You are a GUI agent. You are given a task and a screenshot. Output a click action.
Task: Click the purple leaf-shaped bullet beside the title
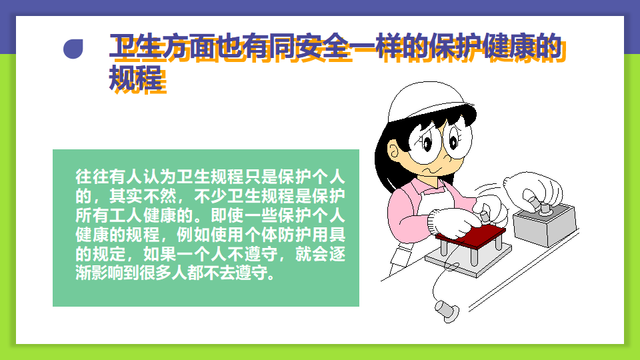pos(73,49)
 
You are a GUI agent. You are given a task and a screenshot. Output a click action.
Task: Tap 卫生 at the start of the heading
pos(135,46)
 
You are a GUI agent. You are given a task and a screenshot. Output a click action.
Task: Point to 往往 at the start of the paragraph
pos(92,176)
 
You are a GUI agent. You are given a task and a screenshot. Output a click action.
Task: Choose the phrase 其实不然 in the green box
pos(143,196)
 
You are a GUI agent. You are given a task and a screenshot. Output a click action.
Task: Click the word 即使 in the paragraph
pos(227,215)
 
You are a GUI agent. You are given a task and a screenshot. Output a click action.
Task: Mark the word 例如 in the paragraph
pos(193,234)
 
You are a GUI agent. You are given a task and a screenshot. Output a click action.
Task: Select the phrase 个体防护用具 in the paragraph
pos(295,234)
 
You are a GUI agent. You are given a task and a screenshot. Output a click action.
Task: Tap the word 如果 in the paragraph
pos(159,254)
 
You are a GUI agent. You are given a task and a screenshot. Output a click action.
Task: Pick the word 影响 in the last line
pos(108,273)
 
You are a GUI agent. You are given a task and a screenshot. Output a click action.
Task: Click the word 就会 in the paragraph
pos(312,254)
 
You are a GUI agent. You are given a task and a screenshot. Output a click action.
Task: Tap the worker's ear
pos(393,151)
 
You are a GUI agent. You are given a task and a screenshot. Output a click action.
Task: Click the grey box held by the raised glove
pos(545,225)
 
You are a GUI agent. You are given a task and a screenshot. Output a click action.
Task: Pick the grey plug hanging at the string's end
pos(447,309)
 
